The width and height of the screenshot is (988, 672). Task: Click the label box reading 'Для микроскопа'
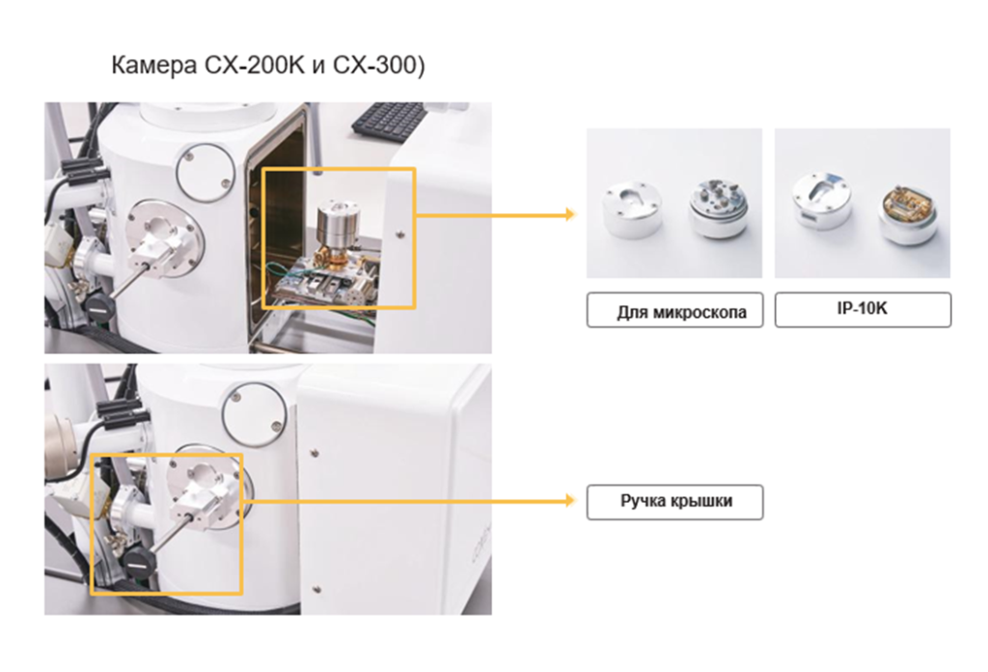(x=674, y=310)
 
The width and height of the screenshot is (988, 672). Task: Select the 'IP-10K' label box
(x=863, y=310)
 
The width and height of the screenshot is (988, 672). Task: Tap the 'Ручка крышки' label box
(x=674, y=502)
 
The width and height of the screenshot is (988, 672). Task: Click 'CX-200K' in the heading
(x=254, y=65)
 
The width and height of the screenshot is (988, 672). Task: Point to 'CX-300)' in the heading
(x=378, y=66)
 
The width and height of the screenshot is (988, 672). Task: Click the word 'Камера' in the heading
(x=153, y=66)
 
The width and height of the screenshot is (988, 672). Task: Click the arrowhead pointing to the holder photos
(x=570, y=214)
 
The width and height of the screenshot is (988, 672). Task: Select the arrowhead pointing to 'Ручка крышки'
(x=570, y=500)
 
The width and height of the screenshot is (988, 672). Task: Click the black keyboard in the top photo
(x=390, y=118)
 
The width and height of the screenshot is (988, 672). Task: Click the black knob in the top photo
(x=98, y=306)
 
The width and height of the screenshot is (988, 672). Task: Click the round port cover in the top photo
(x=206, y=172)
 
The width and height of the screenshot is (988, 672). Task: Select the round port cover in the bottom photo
(x=255, y=415)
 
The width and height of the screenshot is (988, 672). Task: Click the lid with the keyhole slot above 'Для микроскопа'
(x=631, y=210)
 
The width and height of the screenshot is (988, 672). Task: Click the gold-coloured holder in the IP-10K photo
(x=907, y=213)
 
